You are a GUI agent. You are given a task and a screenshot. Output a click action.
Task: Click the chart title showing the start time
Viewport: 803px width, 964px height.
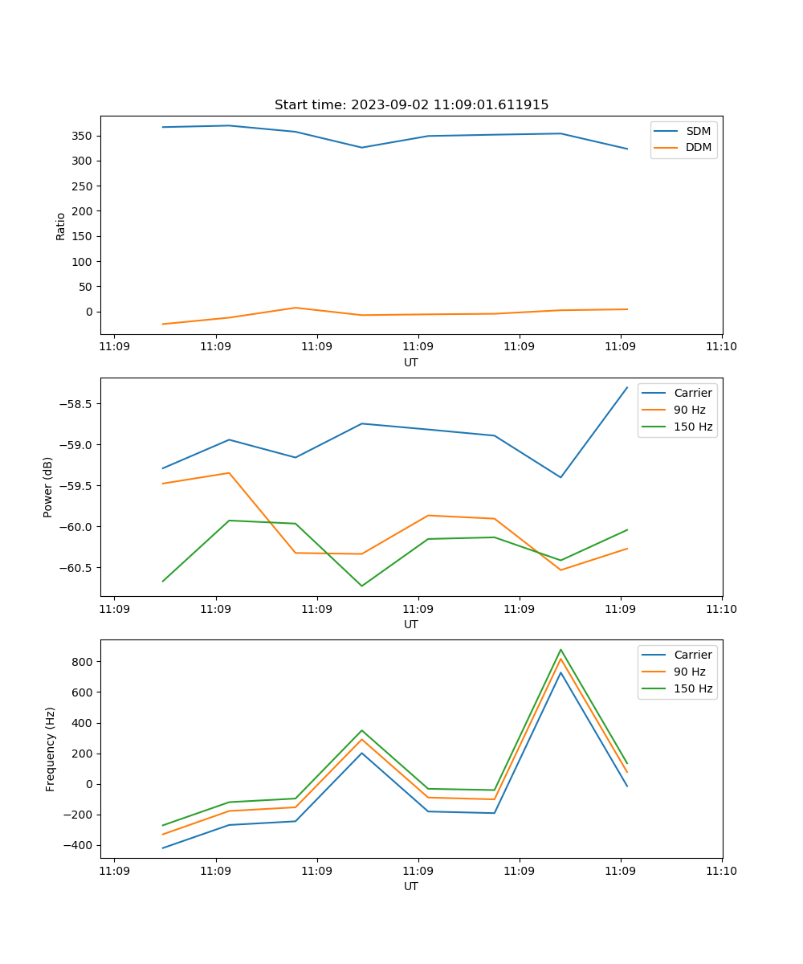(x=411, y=105)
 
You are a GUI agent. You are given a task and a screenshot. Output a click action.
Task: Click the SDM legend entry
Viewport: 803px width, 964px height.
(x=698, y=131)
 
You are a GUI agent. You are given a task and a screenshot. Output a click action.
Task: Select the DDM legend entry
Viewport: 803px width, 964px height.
(x=698, y=147)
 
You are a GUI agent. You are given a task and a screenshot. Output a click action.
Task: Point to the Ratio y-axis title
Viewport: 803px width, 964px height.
(x=61, y=226)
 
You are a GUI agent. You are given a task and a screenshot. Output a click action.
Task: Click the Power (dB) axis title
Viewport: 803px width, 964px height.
(x=49, y=487)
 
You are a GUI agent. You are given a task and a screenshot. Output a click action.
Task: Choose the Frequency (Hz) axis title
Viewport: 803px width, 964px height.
(x=51, y=749)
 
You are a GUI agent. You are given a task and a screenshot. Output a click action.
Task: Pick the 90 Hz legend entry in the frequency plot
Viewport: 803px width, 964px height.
(x=690, y=672)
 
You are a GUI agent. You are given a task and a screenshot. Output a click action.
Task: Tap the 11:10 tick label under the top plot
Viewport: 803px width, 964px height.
(x=721, y=348)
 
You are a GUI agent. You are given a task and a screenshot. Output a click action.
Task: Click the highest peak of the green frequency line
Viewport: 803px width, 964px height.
(x=560, y=650)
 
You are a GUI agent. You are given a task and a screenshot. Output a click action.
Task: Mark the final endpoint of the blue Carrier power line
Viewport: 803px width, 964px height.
(x=627, y=387)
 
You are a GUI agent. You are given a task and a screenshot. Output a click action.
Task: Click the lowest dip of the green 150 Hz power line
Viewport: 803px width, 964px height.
(x=361, y=586)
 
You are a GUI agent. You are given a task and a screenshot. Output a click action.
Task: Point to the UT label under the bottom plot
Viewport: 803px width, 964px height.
(x=411, y=886)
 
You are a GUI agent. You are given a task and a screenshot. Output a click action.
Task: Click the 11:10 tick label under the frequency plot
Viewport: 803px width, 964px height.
(x=721, y=872)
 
